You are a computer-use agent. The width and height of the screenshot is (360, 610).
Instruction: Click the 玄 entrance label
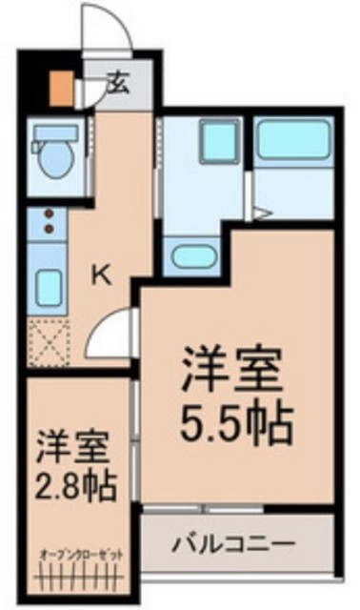coord(118,82)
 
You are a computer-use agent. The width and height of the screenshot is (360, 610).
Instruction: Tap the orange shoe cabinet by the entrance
coord(60,87)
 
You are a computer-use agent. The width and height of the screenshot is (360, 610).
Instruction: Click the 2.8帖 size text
coord(77,487)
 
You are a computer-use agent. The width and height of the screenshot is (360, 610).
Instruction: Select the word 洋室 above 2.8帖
coord(76,445)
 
